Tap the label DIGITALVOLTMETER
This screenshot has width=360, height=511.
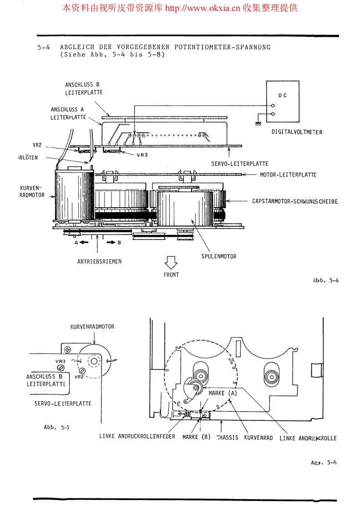pyautogui.click(x=297, y=133)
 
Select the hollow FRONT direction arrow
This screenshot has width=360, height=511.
pyautogui.click(x=171, y=262)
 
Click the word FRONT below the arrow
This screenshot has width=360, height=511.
pyautogui.click(x=171, y=275)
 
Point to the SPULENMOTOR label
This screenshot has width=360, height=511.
pyautogui.click(x=219, y=256)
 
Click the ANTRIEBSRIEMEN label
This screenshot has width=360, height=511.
pyautogui.click(x=99, y=261)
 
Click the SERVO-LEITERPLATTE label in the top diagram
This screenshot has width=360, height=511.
pyautogui.click(x=240, y=164)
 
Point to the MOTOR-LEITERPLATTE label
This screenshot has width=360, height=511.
pyautogui.click(x=288, y=175)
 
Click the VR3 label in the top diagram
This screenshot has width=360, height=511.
pyautogui.click(x=142, y=154)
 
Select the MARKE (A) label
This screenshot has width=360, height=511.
pyautogui.click(x=223, y=393)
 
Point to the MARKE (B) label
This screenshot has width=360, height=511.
pyautogui.click(x=196, y=437)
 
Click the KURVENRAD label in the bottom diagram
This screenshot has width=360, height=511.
pyautogui.click(x=259, y=438)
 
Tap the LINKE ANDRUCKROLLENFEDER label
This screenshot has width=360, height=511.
pyautogui.click(x=137, y=436)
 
